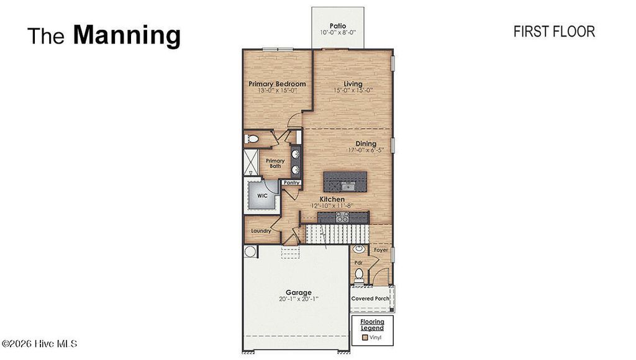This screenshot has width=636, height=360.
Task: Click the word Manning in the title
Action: click(x=127, y=35)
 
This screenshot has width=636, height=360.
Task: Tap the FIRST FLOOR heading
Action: click(x=554, y=32)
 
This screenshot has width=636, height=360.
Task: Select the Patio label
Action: click(x=338, y=25)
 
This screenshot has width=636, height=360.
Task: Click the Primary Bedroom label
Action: click(x=277, y=84)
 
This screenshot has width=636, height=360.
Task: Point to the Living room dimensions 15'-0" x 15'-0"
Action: click(x=353, y=91)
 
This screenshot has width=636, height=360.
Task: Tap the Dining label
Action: click(x=366, y=143)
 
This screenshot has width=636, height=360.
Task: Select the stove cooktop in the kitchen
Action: click(x=342, y=217)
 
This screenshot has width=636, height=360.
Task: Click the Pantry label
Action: click(x=292, y=183)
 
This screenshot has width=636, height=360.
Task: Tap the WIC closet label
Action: click(x=262, y=196)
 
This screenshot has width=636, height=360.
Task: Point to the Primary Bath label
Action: click(x=275, y=163)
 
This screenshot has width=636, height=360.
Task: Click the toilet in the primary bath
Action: click(x=252, y=138)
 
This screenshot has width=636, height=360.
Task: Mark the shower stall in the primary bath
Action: click(x=250, y=161)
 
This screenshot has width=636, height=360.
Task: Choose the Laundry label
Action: click(x=261, y=231)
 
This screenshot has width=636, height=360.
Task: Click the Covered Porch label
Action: click(x=371, y=299)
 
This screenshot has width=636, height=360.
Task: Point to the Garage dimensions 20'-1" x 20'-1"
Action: click(x=298, y=299)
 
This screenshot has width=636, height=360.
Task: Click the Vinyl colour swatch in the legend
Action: click(x=365, y=338)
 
